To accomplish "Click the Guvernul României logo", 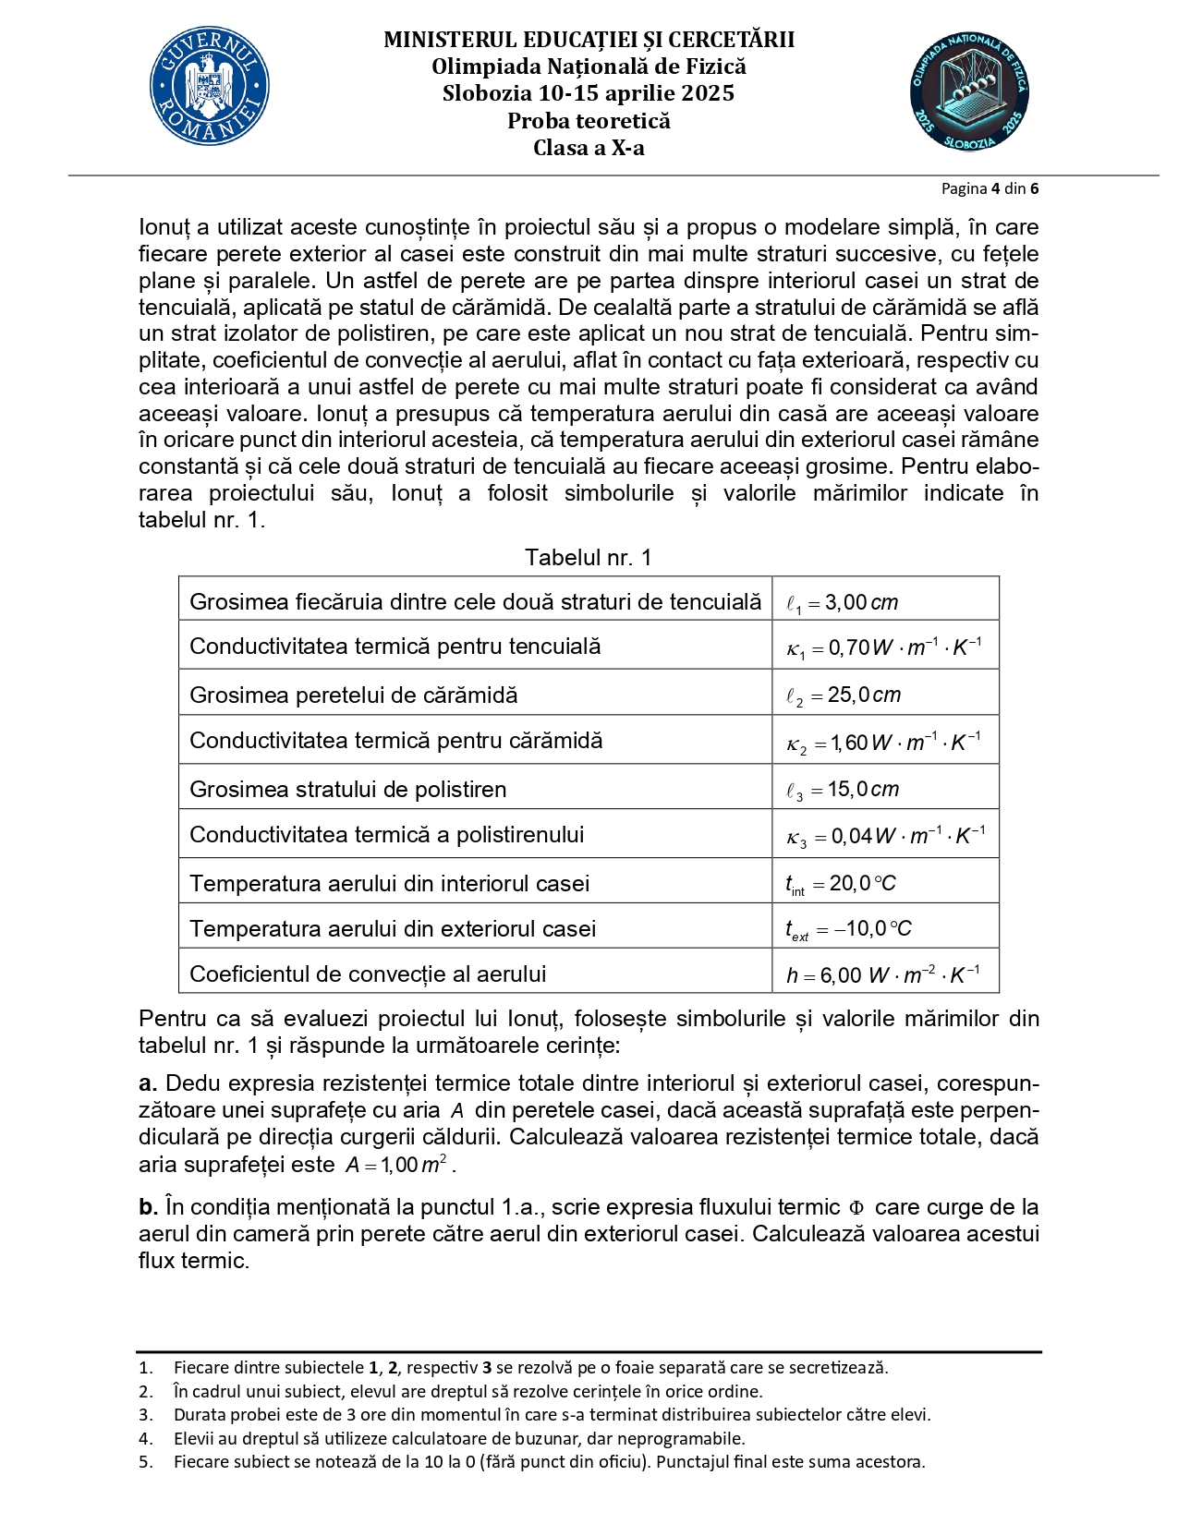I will click(210, 86).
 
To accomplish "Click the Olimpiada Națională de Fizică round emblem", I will click(968, 92).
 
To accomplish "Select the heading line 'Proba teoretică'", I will click(589, 121).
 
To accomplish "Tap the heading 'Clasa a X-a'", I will click(589, 148).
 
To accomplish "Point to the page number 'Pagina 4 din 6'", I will click(990, 188).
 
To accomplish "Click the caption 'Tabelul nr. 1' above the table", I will click(588, 557).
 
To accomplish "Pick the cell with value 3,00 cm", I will click(842, 602).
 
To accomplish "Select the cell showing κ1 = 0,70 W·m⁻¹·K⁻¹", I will click(883, 647).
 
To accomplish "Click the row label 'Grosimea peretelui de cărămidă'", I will click(353, 695).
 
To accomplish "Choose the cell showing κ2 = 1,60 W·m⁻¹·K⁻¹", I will click(883, 743).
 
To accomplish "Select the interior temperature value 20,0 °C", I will click(841, 884).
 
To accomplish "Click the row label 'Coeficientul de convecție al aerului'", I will click(367, 974).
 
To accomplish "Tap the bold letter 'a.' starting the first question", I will click(148, 1083).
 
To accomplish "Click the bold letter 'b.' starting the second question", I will click(148, 1207).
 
